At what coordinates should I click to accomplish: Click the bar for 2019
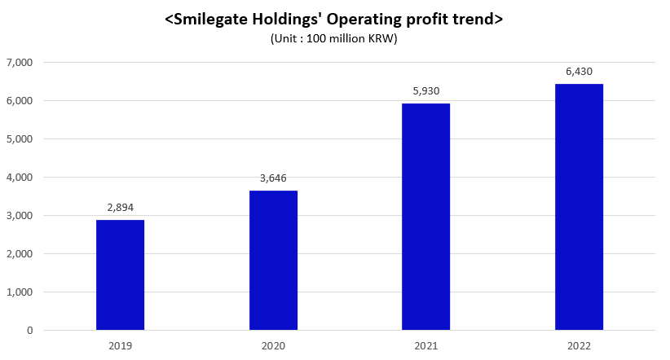point(120,274)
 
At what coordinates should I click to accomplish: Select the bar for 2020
point(273,260)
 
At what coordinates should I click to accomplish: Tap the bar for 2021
point(425,216)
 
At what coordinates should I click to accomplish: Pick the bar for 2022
point(579,207)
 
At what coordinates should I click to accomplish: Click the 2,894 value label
point(120,208)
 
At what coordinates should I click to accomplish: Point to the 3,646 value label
point(273,178)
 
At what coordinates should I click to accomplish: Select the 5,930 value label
point(425,91)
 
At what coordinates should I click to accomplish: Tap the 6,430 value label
point(579,72)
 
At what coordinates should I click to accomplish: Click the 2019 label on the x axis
point(120,345)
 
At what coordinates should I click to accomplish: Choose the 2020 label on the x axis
point(273,345)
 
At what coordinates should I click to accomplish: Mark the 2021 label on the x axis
point(425,345)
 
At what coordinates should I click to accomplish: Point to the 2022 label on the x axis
point(579,345)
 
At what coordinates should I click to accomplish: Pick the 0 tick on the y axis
point(29,331)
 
